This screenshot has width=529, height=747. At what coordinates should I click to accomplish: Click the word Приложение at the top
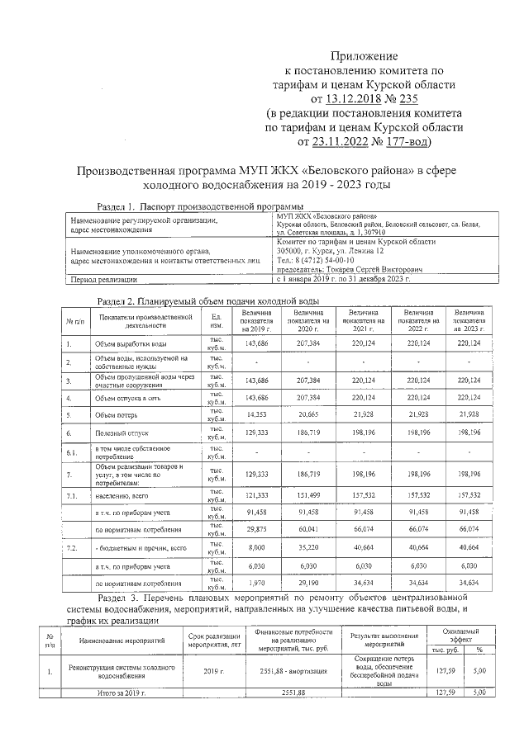tap(365, 56)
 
